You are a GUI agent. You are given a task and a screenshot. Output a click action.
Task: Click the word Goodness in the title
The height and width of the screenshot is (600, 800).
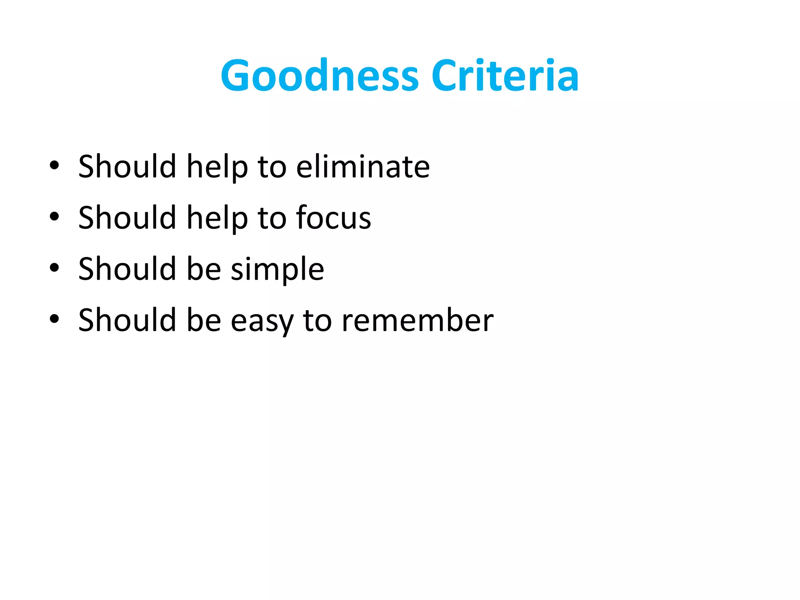pyautogui.click(x=320, y=76)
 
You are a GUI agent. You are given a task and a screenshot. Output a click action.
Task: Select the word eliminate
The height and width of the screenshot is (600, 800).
pyautogui.click(x=363, y=167)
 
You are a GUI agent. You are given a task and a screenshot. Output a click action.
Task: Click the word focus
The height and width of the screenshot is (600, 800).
pyautogui.click(x=334, y=218)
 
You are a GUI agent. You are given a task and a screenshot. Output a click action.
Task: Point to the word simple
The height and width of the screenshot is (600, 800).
pyautogui.click(x=277, y=270)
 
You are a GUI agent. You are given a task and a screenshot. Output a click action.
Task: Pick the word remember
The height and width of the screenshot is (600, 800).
pyautogui.click(x=418, y=321)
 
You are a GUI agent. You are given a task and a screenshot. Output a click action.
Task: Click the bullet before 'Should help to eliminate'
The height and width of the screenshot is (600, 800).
pyautogui.click(x=54, y=165)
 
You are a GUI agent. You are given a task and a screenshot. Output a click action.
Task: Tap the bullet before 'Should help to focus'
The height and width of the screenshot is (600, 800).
pyautogui.click(x=54, y=216)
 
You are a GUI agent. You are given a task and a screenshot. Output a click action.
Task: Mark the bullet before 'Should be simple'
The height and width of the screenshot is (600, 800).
pyautogui.click(x=54, y=268)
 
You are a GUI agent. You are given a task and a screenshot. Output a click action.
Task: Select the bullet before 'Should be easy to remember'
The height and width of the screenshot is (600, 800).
pyautogui.click(x=54, y=319)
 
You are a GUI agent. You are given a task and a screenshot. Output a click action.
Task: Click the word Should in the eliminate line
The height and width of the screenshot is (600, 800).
pyautogui.click(x=127, y=167)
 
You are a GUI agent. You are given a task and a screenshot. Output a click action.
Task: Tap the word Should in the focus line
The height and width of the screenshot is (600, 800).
pyautogui.click(x=127, y=218)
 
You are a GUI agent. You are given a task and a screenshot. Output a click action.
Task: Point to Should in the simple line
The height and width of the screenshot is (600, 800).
pyautogui.click(x=127, y=269)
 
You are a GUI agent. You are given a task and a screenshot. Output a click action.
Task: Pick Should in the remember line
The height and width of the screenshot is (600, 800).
pyautogui.click(x=127, y=320)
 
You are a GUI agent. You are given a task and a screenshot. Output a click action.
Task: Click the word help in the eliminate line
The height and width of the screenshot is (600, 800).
pyautogui.click(x=217, y=168)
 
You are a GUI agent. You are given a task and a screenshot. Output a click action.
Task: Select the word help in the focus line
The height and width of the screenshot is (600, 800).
pyautogui.click(x=217, y=219)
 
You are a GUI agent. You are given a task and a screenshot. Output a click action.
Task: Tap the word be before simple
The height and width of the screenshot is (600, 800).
pyautogui.click(x=204, y=269)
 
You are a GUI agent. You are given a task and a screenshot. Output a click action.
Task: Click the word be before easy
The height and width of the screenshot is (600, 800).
pyautogui.click(x=204, y=320)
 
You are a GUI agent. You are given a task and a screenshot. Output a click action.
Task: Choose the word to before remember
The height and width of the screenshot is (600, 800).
pyautogui.click(x=317, y=321)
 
